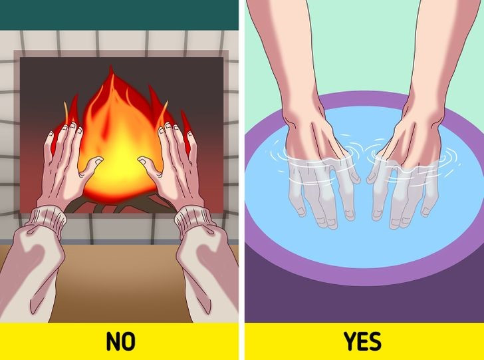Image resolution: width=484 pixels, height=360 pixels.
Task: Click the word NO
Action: (120, 342)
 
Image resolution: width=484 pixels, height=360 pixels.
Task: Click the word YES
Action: (362, 342)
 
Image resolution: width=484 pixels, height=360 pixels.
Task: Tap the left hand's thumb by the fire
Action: (92, 162)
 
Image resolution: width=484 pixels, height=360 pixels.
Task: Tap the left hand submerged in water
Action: (319, 190)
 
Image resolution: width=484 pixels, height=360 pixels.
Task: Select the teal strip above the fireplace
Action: (120, 13)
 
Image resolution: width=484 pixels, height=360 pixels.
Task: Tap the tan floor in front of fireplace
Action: (120, 266)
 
